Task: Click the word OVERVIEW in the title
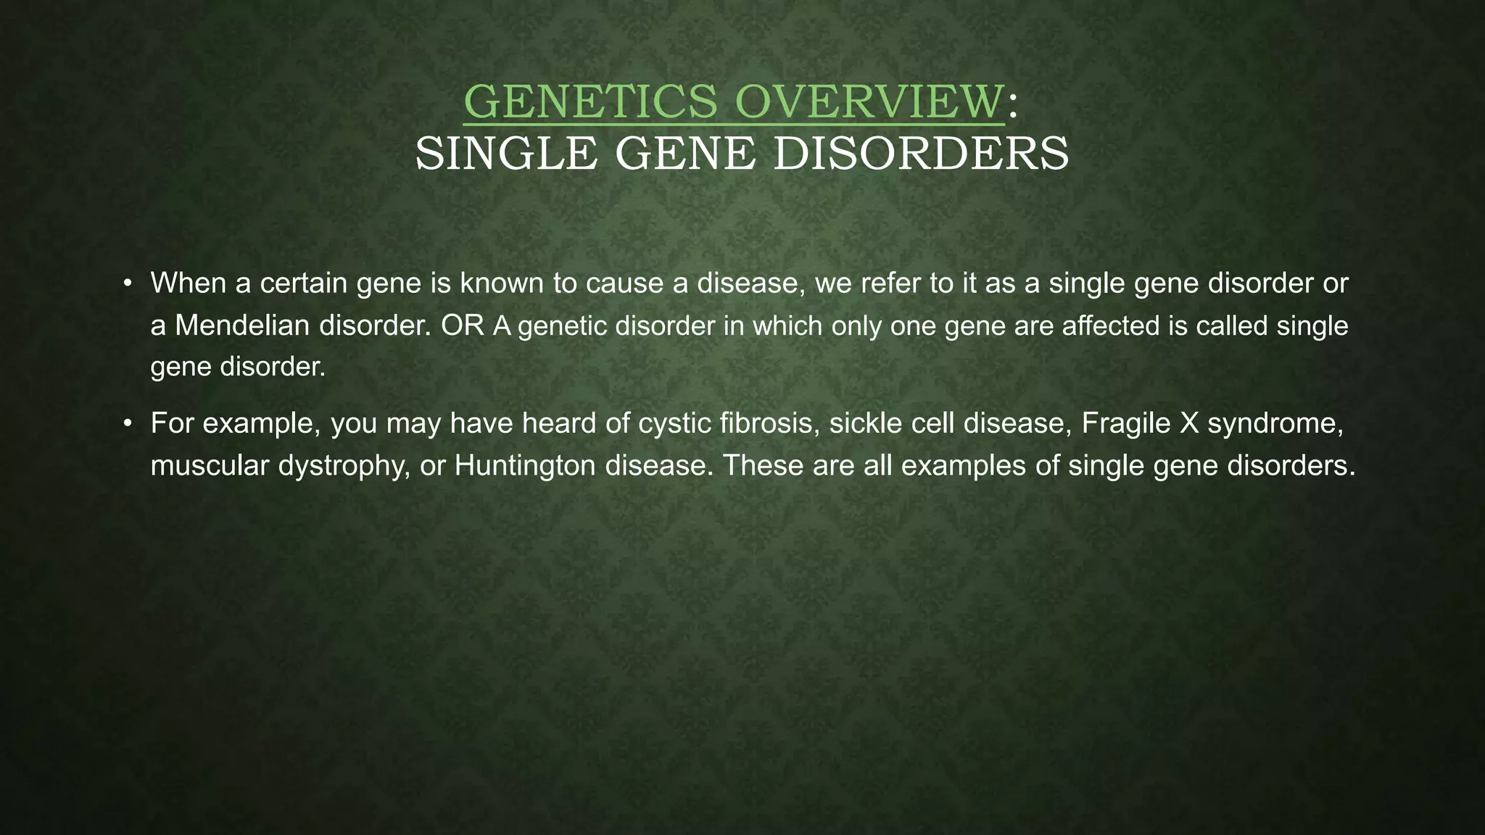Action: pyautogui.click(x=869, y=102)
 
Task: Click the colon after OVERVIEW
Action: pyautogui.click(x=1013, y=105)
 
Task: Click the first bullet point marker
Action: pyautogui.click(x=127, y=283)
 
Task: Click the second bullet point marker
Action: pyautogui.click(x=127, y=423)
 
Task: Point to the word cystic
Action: pyautogui.click(x=674, y=423)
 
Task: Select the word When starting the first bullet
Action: pyautogui.click(x=188, y=283)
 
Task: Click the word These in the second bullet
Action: pyautogui.click(x=762, y=465)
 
